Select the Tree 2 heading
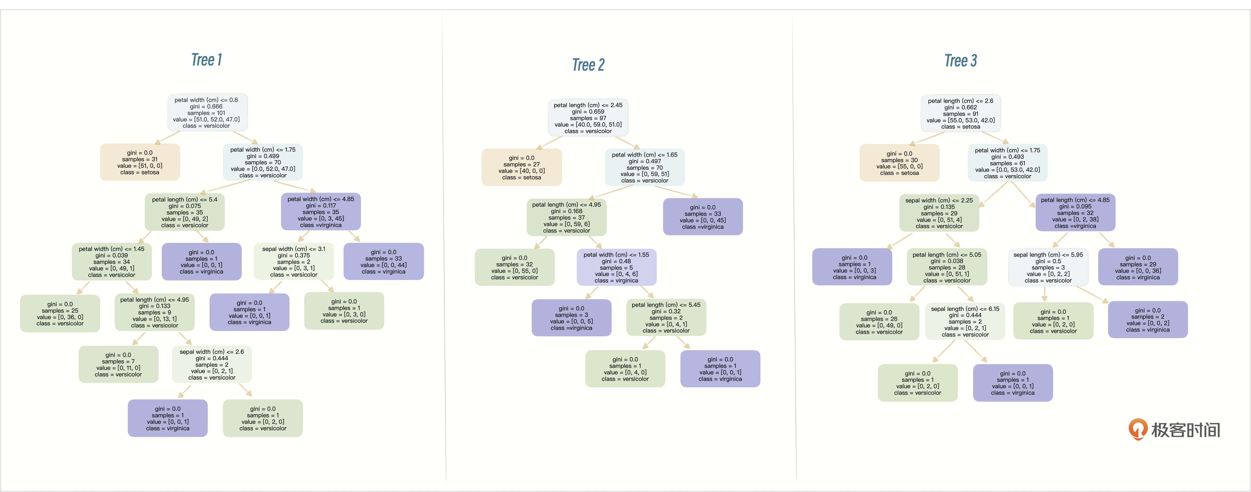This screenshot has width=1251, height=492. pyautogui.click(x=588, y=65)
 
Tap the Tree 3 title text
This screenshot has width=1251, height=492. pyautogui.click(x=961, y=61)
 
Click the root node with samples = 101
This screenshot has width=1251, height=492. pyautogui.click(x=207, y=112)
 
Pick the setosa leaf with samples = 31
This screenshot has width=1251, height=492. pyautogui.click(x=140, y=162)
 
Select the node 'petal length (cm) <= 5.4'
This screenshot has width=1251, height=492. pyautogui.click(x=185, y=212)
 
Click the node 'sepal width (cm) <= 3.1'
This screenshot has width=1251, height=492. pyautogui.click(x=294, y=262)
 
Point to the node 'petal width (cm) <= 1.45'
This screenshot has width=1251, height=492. pyautogui.click(x=112, y=262)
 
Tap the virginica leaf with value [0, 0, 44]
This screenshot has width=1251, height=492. pyautogui.click(x=384, y=262)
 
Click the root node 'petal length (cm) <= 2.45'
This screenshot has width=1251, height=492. pyautogui.click(x=588, y=118)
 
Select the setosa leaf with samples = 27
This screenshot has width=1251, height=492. pyautogui.click(x=522, y=167)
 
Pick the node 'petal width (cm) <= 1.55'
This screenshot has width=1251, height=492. pyautogui.click(x=616, y=267)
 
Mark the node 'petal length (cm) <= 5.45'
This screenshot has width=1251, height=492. pyautogui.click(x=666, y=318)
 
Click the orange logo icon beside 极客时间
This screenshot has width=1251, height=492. pyautogui.click(x=1138, y=429)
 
